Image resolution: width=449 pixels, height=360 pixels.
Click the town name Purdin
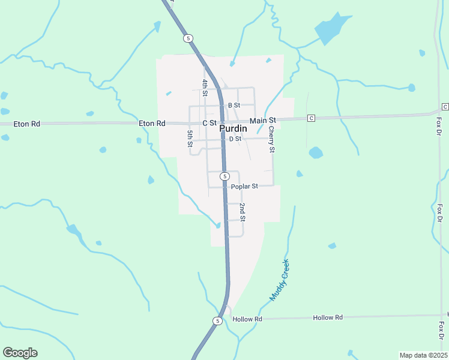coord(231,129)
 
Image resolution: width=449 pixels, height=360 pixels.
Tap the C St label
coord(209,122)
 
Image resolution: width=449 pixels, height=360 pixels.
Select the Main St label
coord(262,121)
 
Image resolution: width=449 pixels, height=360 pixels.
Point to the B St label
coord(234,105)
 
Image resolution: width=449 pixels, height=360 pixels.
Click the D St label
coord(235,139)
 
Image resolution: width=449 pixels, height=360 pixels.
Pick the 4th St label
coord(205,88)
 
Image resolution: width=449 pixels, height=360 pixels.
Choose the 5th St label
coord(190,139)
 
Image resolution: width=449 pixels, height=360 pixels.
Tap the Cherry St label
coord(271,139)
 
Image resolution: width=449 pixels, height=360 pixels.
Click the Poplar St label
coord(244,186)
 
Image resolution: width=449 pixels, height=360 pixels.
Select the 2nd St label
coord(243,212)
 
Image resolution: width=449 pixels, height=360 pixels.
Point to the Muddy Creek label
coord(279,280)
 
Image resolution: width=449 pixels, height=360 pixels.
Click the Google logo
coord(20,353)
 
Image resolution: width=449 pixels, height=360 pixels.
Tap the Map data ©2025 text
coord(423,355)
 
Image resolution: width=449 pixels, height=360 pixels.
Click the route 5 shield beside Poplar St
coord(224,176)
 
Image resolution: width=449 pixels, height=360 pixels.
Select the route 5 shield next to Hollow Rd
coord(217,321)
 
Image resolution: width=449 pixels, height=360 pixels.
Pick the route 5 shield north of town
coord(188,38)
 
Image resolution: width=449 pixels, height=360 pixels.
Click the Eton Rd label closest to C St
coord(152,123)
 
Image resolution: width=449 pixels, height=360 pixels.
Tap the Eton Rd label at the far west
coord(28,124)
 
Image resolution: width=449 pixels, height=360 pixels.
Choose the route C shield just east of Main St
coord(311,118)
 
